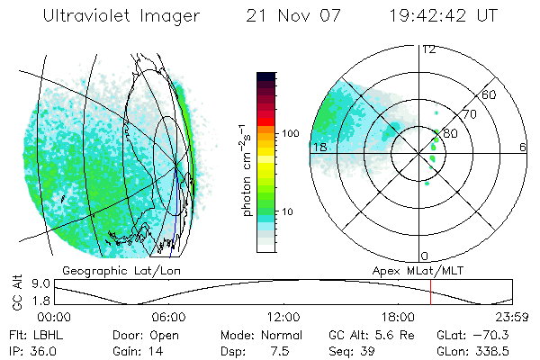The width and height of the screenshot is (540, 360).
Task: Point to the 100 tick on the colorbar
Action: point(290,133)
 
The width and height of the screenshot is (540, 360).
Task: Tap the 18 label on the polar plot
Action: point(318,147)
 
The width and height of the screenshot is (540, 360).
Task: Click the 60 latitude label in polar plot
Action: point(490,94)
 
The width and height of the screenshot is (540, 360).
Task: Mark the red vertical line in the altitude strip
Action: point(431,292)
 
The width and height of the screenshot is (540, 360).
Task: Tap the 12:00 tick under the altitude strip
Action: point(283,317)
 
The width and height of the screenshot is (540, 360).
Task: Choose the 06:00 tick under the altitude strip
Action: point(168,317)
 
